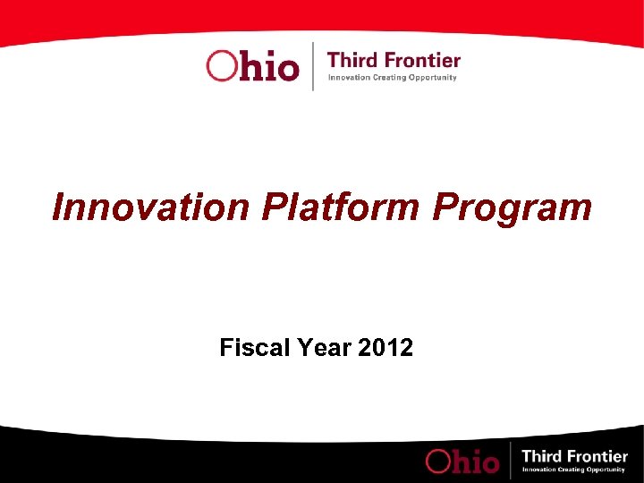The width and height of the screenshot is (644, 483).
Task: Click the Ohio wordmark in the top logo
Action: (x=252, y=65)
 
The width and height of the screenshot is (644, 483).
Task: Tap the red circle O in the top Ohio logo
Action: (x=221, y=65)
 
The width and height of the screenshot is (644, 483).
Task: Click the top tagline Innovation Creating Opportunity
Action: (x=393, y=78)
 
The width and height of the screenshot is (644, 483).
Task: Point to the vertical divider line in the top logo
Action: (x=313, y=65)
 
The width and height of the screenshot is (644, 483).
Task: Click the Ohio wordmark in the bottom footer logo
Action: (x=462, y=460)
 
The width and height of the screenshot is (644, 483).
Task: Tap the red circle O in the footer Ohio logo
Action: (x=440, y=461)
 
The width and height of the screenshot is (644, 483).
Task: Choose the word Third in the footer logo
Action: (x=542, y=457)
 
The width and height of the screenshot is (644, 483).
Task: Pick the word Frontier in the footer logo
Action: (x=597, y=457)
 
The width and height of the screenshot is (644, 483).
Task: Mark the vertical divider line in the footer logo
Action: (x=510, y=460)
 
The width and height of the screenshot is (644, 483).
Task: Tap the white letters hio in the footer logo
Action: (x=477, y=460)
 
